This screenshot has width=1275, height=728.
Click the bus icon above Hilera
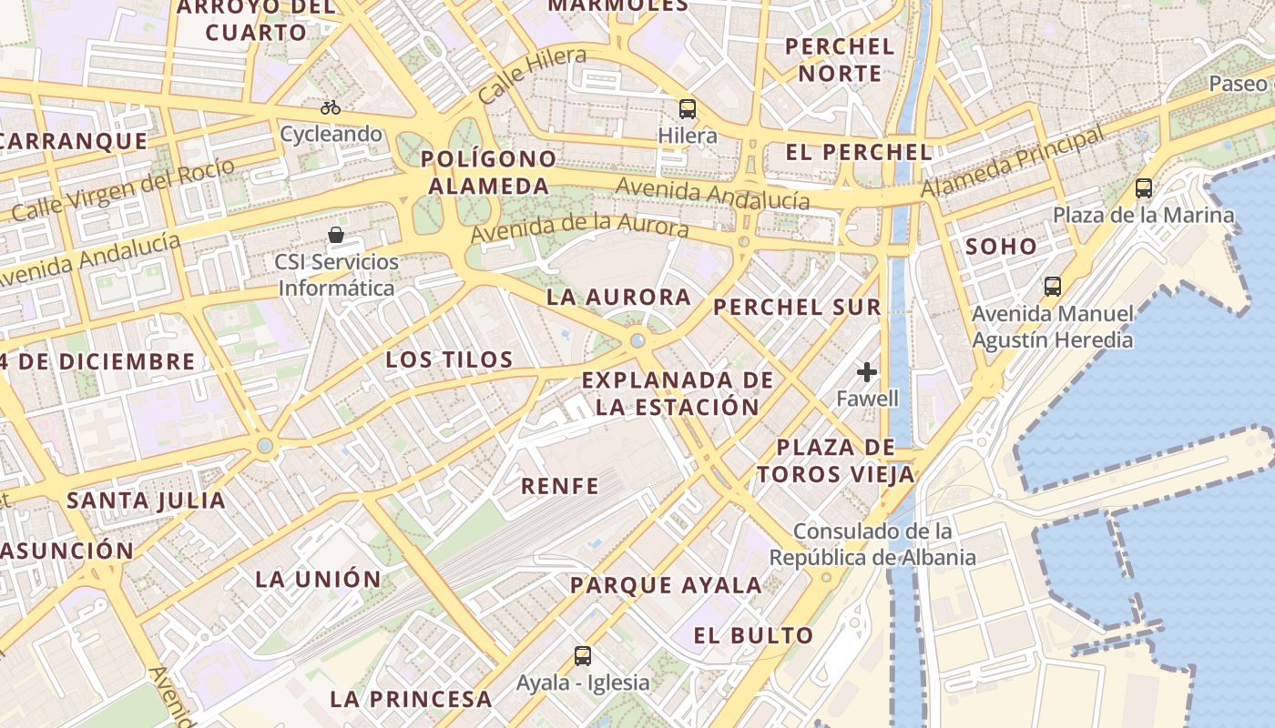pyautogui.click(x=688, y=109)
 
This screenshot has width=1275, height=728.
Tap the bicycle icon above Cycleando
pyautogui.click(x=331, y=107)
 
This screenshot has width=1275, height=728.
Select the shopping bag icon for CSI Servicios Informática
pyautogui.click(x=336, y=235)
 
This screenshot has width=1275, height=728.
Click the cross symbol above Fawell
pyautogui.click(x=867, y=371)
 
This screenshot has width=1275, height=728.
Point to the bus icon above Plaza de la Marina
pyautogui.click(x=1144, y=188)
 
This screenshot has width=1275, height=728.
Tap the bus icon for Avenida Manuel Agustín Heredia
pyautogui.click(x=1053, y=286)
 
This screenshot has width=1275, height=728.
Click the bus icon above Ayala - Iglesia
pyautogui.click(x=583, y=655)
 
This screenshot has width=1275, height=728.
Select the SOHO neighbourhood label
pyautogui.click(x=1001, y=246)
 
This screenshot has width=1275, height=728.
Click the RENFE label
pyautogui.click(x=560, y=486)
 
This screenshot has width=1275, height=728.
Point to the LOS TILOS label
pyautogui.click(x=450, y=359)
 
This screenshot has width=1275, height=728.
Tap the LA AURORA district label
pyautogui.click(x=619, y=298)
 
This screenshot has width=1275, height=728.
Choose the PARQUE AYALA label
pyautogui.click(x=666, y=585)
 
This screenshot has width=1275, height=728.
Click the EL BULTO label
pyautogui.click(x=753, y=635)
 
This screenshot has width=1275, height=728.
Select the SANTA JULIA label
pyautogui.click(x=147, y=500)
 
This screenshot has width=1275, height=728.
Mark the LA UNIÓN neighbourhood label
pyautogui.click(x=319, y=579)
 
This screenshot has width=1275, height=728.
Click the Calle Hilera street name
pyautogui.click(x=533, y=75)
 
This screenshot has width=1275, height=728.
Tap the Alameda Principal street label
pyautogui.click(x=1013, y=162)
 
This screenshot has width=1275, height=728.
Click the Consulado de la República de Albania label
pyautogui.click(x=872, y=544)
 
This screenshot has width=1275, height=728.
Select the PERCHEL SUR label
pyautogui.click(x=798, y=308)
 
